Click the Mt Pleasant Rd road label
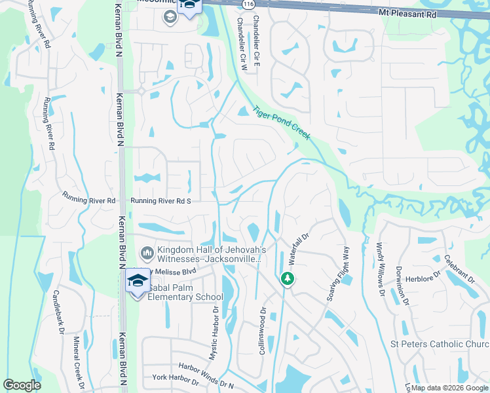click(407, 12)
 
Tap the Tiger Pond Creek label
click(281, 123)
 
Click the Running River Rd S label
click(160, 201)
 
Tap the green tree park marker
click(287, 279)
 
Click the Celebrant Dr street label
click(458, 269)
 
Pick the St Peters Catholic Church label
click(439, 345)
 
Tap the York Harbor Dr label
click(175, 379)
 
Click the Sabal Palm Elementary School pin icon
click(138, 282)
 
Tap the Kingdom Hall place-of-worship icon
click(147, 252)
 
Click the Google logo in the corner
click(22, 385)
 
